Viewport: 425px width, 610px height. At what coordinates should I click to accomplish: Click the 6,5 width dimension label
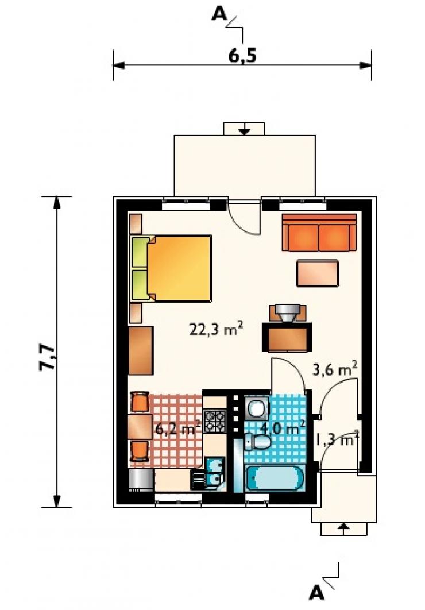click(242, 56)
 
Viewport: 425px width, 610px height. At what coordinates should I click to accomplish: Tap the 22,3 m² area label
click(216, 329)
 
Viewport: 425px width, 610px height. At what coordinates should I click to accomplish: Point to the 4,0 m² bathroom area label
click(283, 428)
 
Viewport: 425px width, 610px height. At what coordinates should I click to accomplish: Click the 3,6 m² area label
click(335, 369)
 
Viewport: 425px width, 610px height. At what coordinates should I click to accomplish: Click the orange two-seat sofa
click(319, 232)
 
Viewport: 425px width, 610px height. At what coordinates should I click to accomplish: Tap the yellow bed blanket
click(180, 268)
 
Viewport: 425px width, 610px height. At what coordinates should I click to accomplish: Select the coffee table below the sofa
click(317, 273)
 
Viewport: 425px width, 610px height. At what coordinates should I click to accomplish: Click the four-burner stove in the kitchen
click(215, 421)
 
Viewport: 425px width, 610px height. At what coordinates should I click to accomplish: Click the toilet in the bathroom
click(258, 442)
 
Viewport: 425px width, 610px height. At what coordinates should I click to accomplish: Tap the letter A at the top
click(219, 14)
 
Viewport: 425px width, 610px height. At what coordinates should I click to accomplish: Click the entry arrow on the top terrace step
click(244, 129)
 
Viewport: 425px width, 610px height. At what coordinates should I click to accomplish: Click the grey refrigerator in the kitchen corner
click(140, 480)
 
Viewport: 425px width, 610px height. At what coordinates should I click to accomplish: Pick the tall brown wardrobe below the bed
click(141, 350)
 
